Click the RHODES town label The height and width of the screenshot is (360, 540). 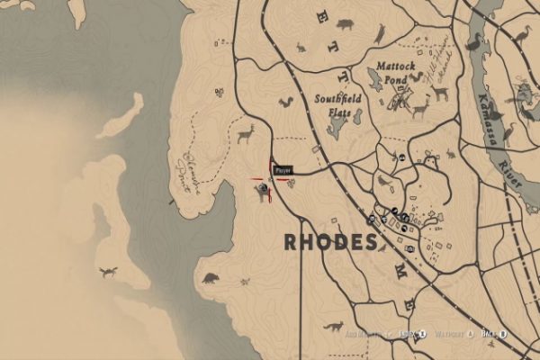pyautogui.click(x=330, y=242)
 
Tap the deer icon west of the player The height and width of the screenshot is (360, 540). pyautogui.click(x=245, y=134)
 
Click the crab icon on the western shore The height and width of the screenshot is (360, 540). pyautogui.click(x=108, y=271)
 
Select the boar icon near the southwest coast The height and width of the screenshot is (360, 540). pyautogui.click(x=211, y=278)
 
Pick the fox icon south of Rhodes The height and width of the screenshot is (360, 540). pyautogui.click(x=336, y=326)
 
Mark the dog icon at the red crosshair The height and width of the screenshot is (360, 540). pyautogui.click(x=263, y=189)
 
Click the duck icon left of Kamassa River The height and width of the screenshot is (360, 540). pyautogui.click(x=473, y=41)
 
